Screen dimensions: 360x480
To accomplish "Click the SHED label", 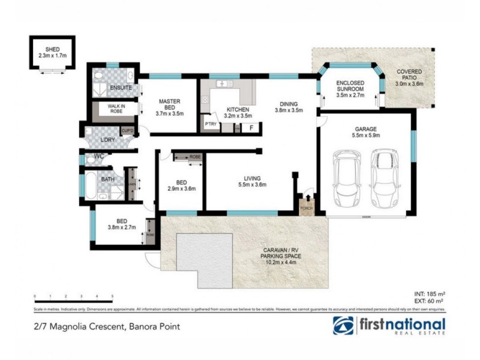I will (52, 49).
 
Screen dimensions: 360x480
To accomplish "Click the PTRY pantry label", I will (211, 124).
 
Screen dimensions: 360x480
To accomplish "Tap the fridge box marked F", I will (251, 127).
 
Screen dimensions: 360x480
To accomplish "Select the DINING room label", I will (289, 103).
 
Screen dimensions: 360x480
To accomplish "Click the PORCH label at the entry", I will (305, 209).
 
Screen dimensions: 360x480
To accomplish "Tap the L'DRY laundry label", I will (107, 140).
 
